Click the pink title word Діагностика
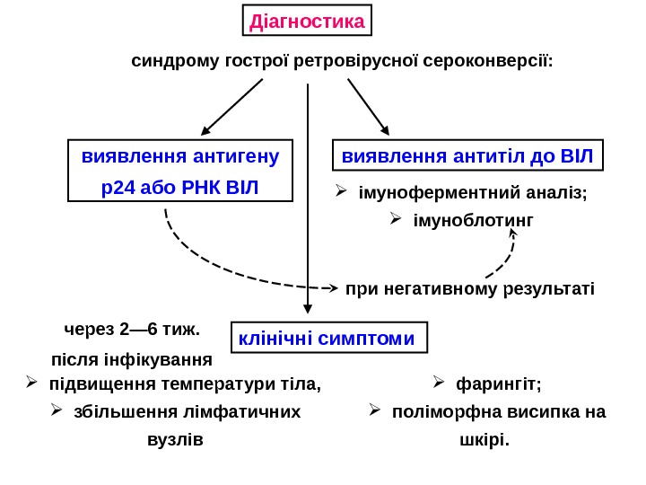306,21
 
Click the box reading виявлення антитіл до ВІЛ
467,155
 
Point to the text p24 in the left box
98,187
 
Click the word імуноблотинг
472,219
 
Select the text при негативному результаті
469,289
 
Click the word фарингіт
498,385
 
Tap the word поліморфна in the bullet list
437,412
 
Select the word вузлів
174,440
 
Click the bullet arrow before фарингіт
440,384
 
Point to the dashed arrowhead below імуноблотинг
514,234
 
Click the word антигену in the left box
234,155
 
